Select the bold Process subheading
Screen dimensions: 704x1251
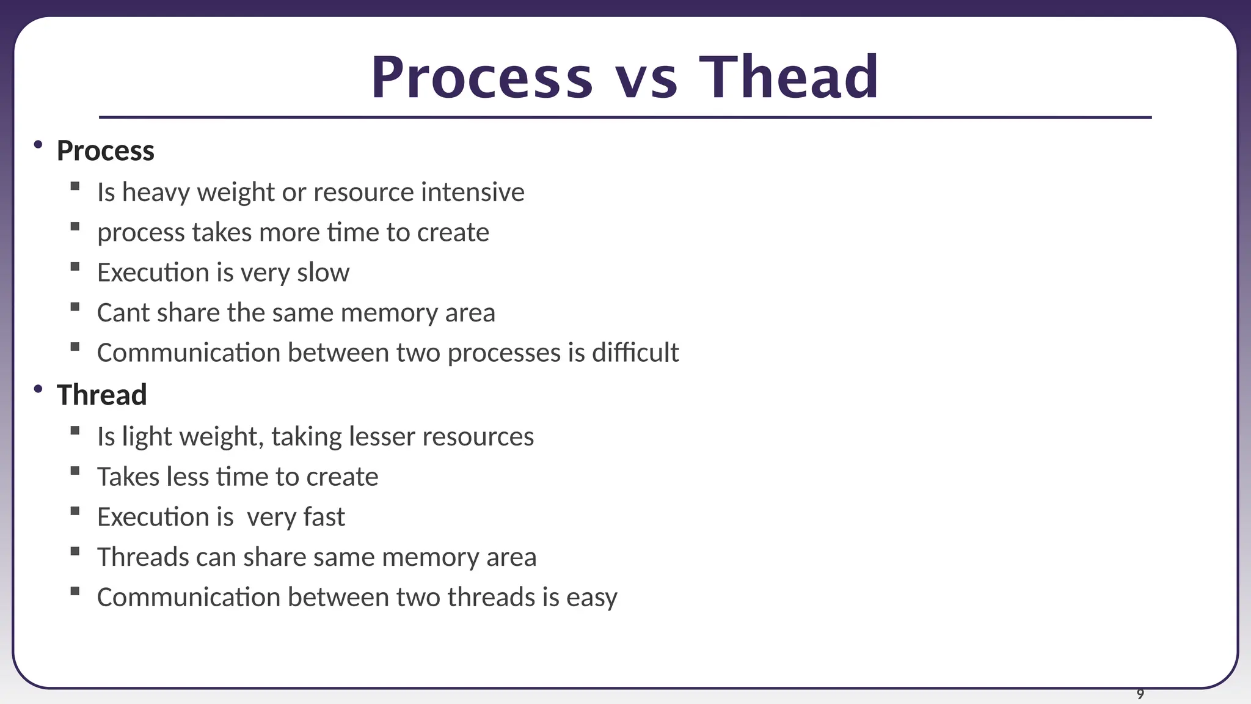[x=105, y=151]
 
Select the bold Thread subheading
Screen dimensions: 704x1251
[x=101, y=395]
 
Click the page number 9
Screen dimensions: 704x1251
[x=1140, y=694]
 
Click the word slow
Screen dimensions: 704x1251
[x=323, y=273]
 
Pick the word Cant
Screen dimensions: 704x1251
[x=123, y=313]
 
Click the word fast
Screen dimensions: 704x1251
[x=324, y=517]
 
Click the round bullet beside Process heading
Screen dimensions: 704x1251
[x=38, y=145]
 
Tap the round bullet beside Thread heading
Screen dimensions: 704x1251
[x=38, y=389]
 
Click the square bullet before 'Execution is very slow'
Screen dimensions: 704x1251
[x=75, y=267]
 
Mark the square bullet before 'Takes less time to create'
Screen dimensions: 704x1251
[x=75, y=471]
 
